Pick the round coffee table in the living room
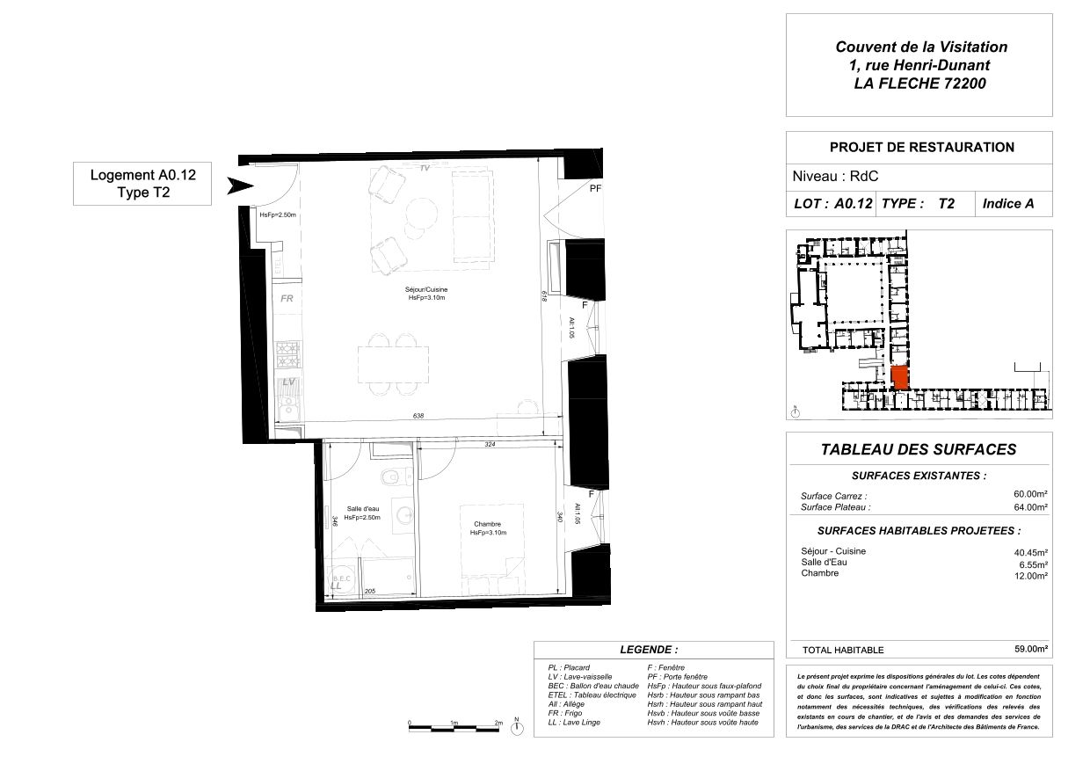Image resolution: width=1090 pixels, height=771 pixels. (x=420, y=213)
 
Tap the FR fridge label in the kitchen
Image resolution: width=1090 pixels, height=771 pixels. (x=286, y=299)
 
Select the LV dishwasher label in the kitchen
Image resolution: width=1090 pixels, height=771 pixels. (x=287, y=382)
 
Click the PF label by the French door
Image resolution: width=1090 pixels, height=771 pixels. (x=595, y=189)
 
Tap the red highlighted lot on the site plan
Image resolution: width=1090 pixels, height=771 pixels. (x=898, y=378)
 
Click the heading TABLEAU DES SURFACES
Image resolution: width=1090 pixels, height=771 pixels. (x=918, y=449)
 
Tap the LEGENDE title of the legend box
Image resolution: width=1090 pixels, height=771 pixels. (x=649, y=650)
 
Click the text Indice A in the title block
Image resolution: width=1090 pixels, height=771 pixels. (x=1007, y=203)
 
